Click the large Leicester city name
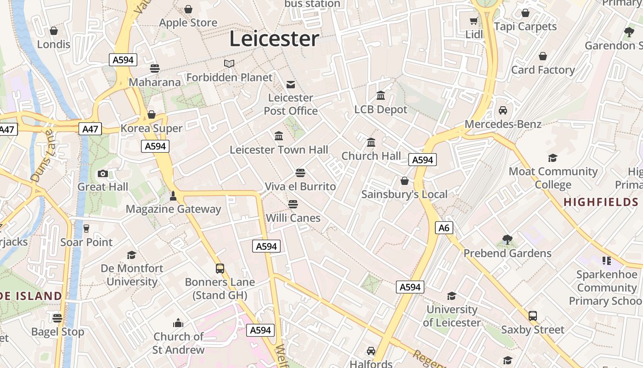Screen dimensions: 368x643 point(274,39)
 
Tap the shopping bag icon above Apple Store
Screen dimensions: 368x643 point(188,9)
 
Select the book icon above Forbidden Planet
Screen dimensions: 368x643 point(229,63)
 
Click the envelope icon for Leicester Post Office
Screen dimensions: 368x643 point(291,84)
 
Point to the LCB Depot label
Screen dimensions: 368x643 point(381,109)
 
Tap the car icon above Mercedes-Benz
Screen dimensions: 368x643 point(503,110)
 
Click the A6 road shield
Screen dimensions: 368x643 point(444,228)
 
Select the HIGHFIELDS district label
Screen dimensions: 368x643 point(601,202)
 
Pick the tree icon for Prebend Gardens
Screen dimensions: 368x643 point(508,239)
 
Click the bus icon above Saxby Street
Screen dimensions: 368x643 point(533,316)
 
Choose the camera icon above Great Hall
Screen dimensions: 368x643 point(103,173)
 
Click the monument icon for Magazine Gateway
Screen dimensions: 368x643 point(173,195)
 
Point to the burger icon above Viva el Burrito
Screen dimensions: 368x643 point(300,173)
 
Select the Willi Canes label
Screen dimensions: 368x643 point(293,218)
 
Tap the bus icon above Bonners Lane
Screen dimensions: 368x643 point(220,268)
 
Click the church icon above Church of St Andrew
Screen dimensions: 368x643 point(178,323)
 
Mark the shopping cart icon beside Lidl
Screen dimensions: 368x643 point(474,21)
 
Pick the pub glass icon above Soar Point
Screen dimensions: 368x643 point(86,229)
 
